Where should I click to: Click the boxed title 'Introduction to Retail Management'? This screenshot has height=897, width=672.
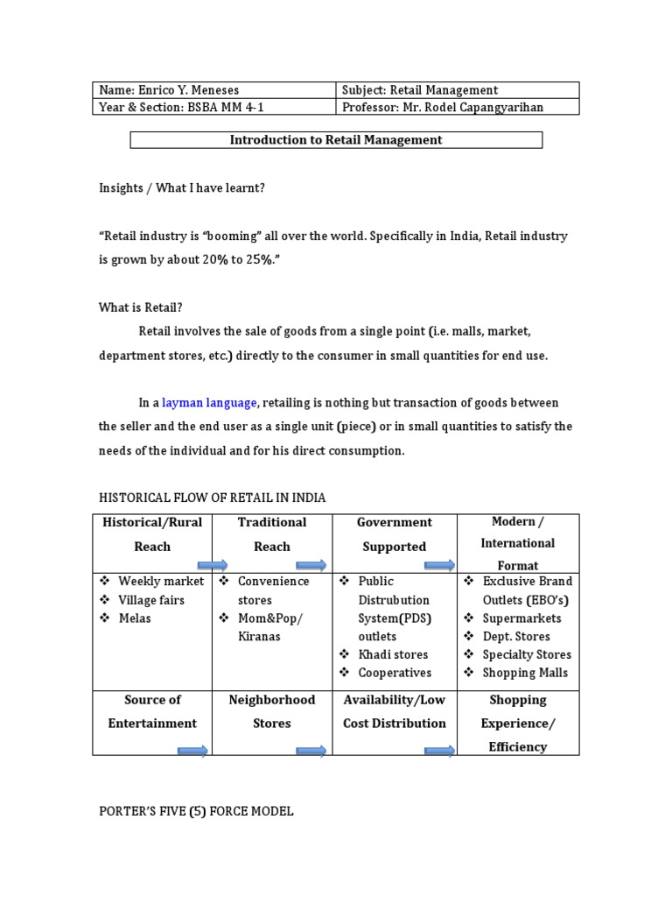click(x=336, y=140)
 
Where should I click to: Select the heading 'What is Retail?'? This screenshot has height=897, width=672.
click(x=141, y=307)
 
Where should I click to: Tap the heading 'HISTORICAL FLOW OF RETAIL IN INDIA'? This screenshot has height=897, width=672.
click(x=212, y=498)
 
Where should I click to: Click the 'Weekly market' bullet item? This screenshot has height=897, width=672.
click(x=161, y=582)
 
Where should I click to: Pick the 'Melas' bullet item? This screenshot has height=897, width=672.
click(x=135, y=618)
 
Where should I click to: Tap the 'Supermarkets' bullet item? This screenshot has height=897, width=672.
click(x=522, y=618)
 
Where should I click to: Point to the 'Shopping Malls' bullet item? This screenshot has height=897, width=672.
click(x=525, y=674)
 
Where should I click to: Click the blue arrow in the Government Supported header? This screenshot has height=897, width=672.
click(x=440, y=565)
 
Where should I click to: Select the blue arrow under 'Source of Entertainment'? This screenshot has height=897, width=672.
click(x=192, y=751)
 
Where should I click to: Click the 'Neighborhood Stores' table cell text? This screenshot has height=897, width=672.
click(x=272, y=711)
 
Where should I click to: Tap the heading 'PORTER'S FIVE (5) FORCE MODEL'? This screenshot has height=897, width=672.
click(x=196, y=812)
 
